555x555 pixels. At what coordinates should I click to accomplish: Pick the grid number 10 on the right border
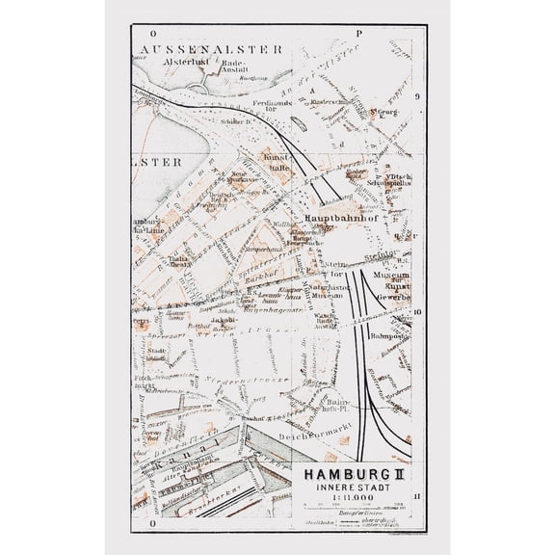(416, 312)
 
